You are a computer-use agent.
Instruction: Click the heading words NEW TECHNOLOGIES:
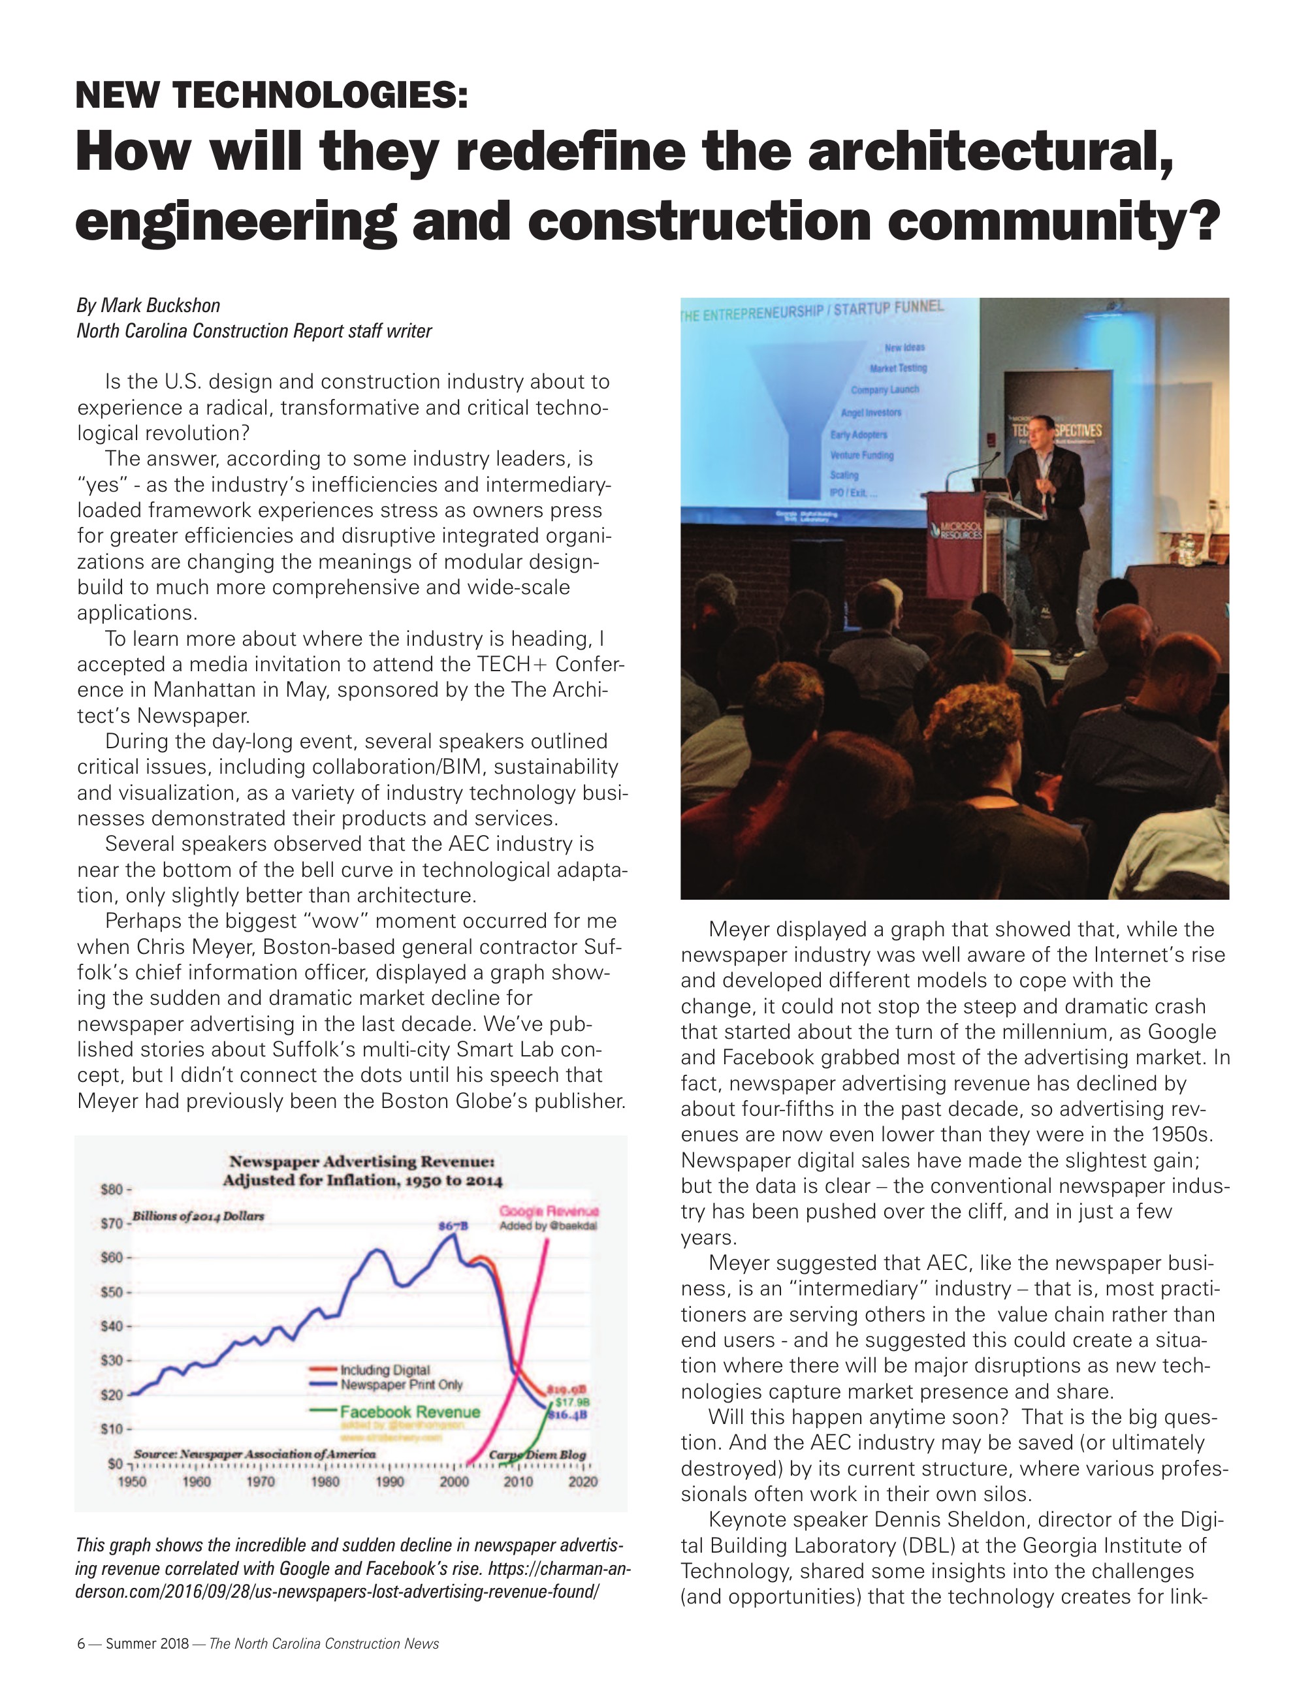(272, 95)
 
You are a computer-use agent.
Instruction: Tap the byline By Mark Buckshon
(148, 305)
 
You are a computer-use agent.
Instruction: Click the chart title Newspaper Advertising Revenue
(362, 1162)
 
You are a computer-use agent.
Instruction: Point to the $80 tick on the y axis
(112, 1189)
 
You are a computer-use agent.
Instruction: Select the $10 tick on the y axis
(112, 1429)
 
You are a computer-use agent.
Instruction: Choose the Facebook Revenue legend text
(409, 1412)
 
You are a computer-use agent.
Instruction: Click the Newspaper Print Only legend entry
(401, 1385)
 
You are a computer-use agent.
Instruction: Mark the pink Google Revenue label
(549, 1211)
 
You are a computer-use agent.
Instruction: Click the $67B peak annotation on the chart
(454, 1226)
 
